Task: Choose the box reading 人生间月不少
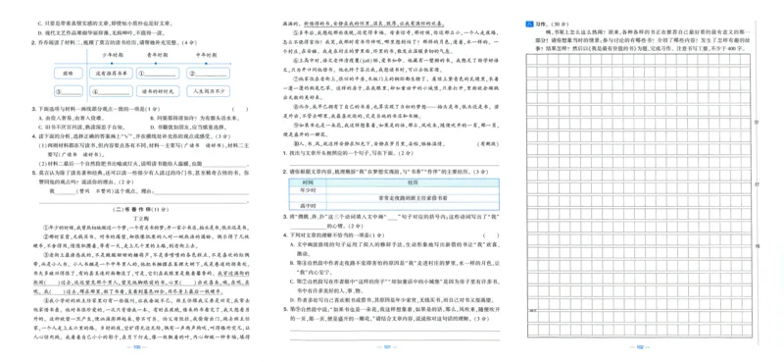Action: (x=209, y=90)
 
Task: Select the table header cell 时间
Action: (x=305, y=183)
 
